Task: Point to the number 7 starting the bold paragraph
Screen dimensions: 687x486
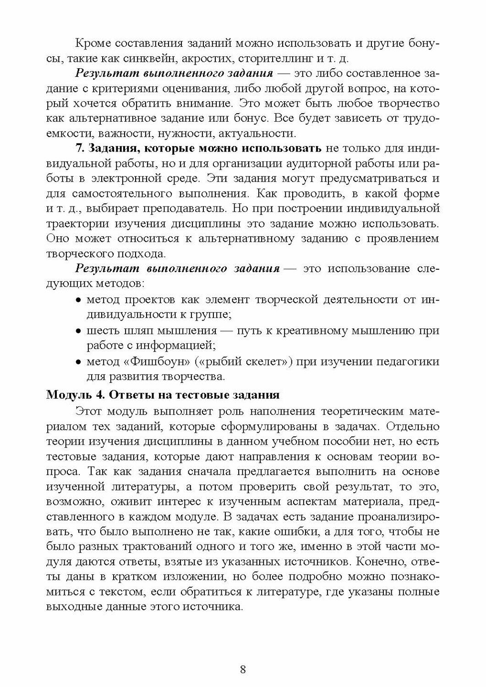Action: (x=78, y=148)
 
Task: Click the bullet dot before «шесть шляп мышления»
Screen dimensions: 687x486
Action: (x=78, y=331)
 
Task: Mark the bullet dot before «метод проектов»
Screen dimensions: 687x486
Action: (x=78, y=300)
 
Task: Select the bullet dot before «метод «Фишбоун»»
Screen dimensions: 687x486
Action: (x=78, y=362)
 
